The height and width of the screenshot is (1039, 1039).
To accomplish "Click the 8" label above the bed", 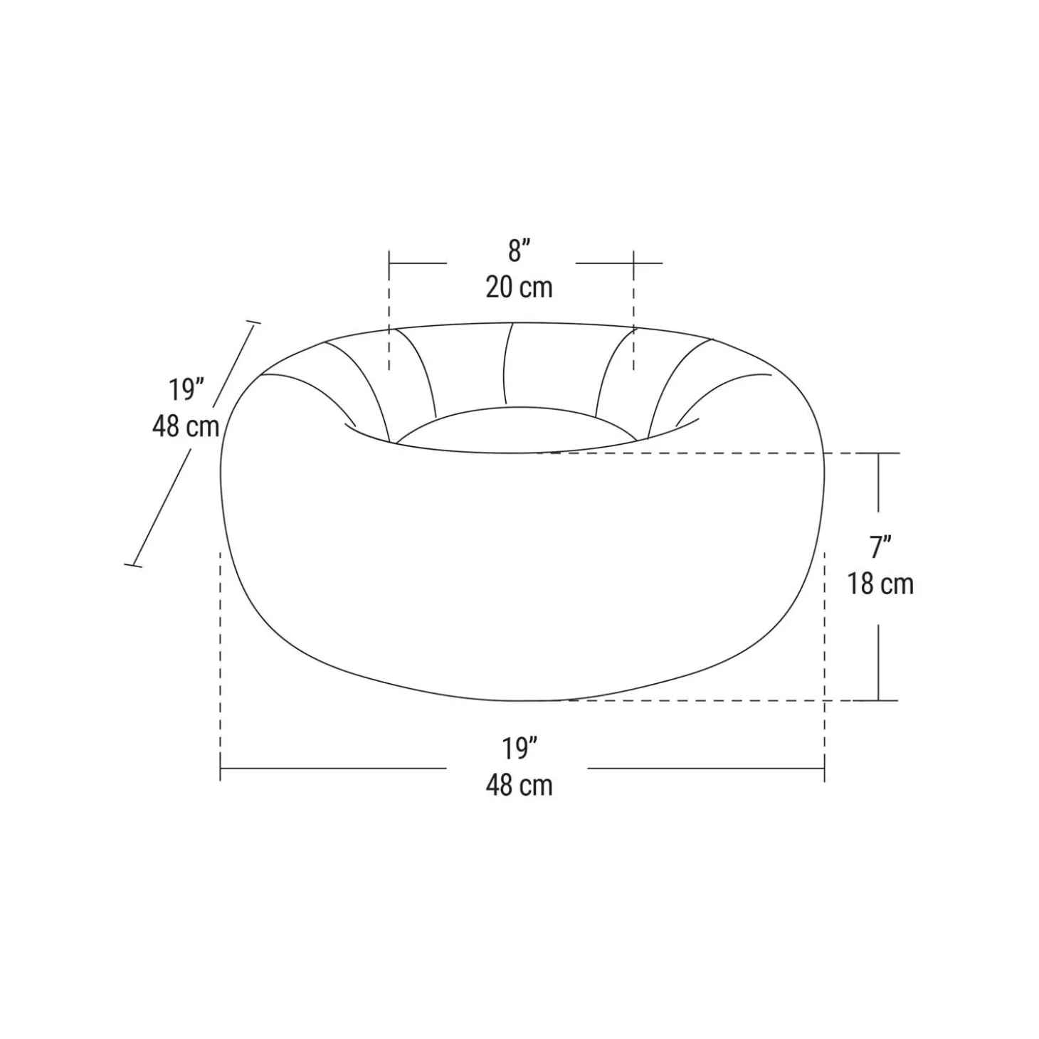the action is (519, 251).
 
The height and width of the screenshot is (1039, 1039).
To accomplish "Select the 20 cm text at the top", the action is (519, 288).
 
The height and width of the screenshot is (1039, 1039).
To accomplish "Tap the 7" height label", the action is (880, 547).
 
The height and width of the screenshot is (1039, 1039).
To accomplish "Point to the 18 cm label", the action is (880, 584).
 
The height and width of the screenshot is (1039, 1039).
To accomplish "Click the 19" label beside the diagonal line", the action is (186, 390).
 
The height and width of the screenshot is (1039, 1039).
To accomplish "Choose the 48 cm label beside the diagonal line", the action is (186, 426).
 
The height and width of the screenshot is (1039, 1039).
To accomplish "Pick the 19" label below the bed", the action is (519, 749).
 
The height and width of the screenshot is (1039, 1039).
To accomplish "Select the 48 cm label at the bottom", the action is (519, 786).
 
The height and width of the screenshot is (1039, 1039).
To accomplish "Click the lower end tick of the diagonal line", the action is (133, 566).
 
